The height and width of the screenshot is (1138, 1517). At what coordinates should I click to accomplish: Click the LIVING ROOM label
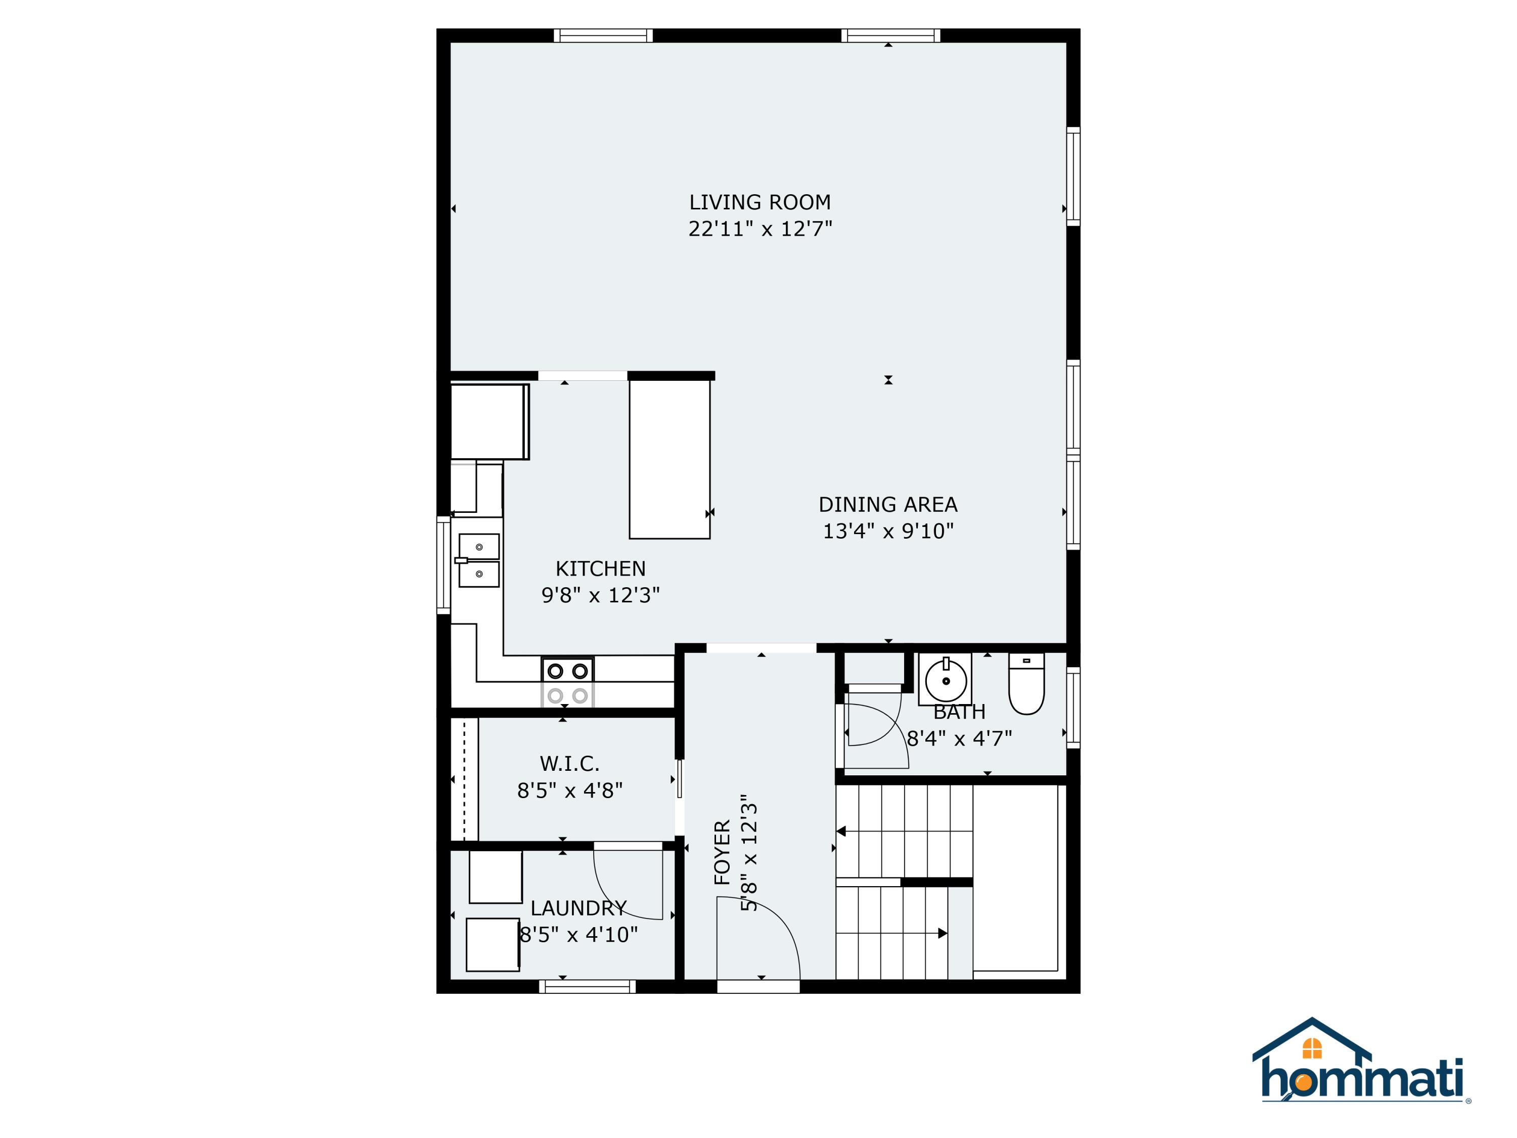pyautogui.click(x=760, y=202)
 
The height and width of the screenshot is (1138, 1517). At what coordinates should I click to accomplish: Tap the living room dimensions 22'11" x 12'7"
pyautogui.click(x=760, y=229)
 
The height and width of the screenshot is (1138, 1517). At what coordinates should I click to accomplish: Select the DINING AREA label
pyautogui.click(x=888, y=505)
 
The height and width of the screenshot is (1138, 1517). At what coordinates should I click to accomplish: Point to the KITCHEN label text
pyautogui.click(x=601, y=568)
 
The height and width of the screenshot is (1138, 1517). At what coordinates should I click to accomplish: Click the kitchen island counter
pyautogui.click(x=670, y=460)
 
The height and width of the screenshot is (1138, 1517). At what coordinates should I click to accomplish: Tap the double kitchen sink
pyautogui.click(x=479, y=560)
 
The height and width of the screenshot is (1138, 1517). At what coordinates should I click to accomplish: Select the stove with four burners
pyautogui.click(x=568, y=682)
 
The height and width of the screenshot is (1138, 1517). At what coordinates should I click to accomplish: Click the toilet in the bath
pyautogui.click(x=1026, y=684)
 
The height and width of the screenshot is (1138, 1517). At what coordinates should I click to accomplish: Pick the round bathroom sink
pyautogui.click(x=946, y=680)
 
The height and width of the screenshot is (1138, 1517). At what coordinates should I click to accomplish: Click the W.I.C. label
pyautogui.click(x=569, y=763)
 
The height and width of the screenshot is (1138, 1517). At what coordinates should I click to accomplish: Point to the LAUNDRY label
pyautogui.click(x=578, y=908)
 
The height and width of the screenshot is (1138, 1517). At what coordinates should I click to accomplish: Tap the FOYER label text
pyautogui.click(x=722, y=853)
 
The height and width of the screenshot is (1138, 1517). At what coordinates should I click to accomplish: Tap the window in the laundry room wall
pyautogui.click(x=587, y=986)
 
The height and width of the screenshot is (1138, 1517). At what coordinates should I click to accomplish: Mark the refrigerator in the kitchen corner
pyautogui.click(x=489, y=421)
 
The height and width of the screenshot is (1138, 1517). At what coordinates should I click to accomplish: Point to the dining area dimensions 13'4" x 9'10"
pyautogui.click(x=888, y=531)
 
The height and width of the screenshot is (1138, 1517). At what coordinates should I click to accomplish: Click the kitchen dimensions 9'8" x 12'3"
pyautogui.click(x=601, y=595)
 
